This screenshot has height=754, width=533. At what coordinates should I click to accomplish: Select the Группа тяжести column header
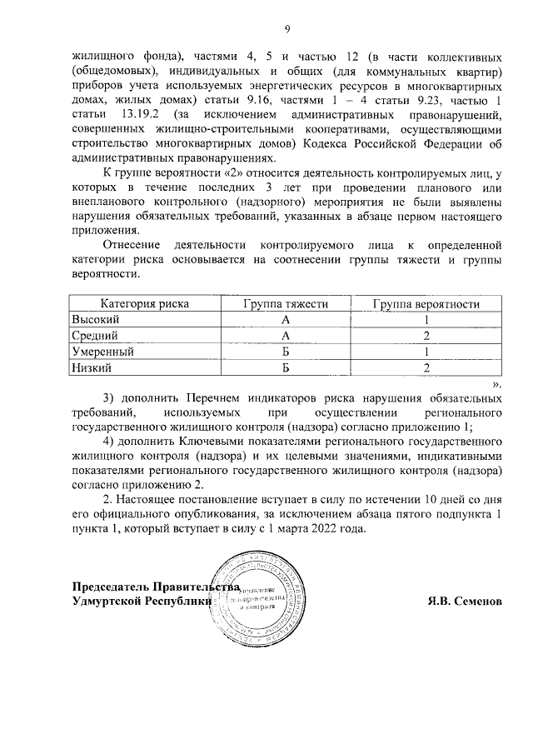point(285,304)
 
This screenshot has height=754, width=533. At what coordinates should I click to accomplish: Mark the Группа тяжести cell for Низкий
point(285,367)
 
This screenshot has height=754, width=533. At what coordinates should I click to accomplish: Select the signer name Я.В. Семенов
point(464,601)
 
